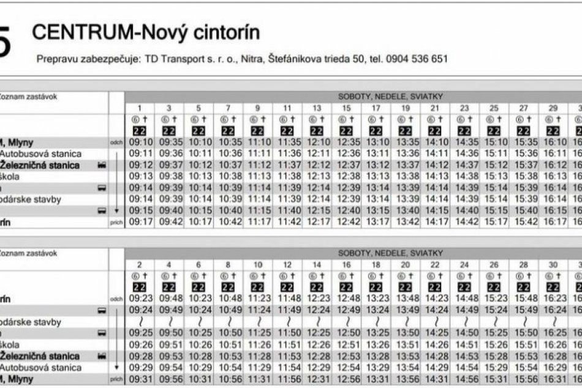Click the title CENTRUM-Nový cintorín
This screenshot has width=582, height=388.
(x=146, y=32)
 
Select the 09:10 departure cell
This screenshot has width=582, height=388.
(x=140, y=143)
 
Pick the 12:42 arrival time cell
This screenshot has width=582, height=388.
(x=346, y=222)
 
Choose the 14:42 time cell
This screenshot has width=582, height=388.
(x=464, y=222)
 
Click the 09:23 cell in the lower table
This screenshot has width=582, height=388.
(x=140, y=299)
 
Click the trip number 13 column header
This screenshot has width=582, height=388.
(x=316, y=108)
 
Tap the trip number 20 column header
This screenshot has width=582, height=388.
(x=405, y=265)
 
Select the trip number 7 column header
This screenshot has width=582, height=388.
(x=228, y=108)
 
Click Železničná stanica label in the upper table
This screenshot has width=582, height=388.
(x=48, y=165)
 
